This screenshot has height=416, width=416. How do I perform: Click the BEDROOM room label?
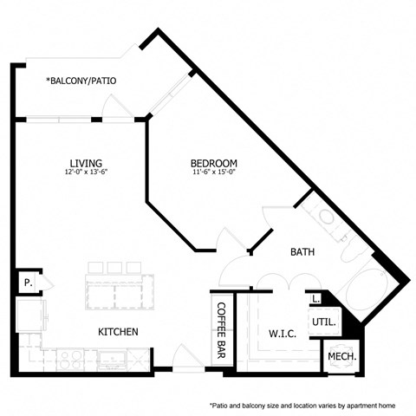(214, 163)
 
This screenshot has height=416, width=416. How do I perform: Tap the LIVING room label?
(87, 163)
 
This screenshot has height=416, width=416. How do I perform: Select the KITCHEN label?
(118, 332)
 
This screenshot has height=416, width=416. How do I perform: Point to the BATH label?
(302, 252)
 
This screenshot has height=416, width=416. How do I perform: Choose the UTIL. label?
(323, 321)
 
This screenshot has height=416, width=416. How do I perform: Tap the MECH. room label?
(341, 356)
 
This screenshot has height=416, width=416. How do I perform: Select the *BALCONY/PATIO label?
(81, 81)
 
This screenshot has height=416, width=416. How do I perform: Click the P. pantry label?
(28, 283)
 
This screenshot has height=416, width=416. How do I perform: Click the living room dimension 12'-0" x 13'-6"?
(87, 172)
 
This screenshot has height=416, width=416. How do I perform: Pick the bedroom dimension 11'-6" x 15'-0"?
(214, 172)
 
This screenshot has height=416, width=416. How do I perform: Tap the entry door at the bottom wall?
(185, 359)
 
